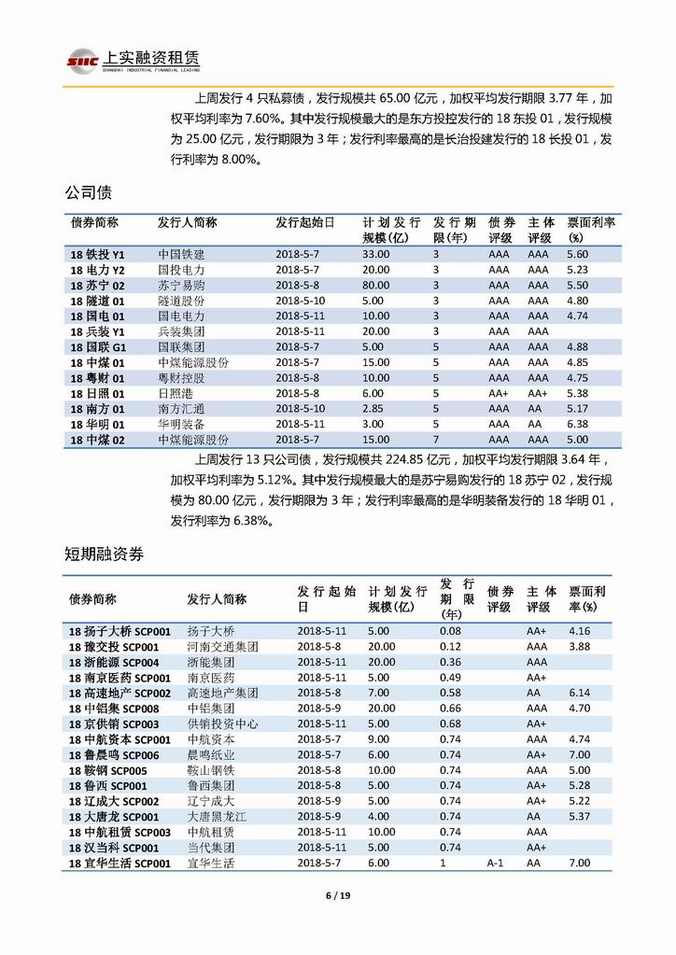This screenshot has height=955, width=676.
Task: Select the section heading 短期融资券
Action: pyautogui.click(x=104, y=554)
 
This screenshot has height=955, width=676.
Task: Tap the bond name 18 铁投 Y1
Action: pyautogui.click(x=97, y=254)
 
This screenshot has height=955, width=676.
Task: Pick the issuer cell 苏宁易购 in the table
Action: pyautogui.click(x=181, y=285)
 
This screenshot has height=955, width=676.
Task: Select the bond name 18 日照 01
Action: pyautogui.click(x=97, y=393)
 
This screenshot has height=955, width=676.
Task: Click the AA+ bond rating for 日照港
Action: pyautogui.click(x=500, y=393)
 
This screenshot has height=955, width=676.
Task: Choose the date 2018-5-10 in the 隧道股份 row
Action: pyautogui.click(x=301, y=301)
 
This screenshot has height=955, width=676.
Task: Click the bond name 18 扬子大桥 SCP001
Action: pyautogui.click(x=120, y=631)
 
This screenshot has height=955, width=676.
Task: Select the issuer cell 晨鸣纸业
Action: pyautogui.click(x=211, y=755)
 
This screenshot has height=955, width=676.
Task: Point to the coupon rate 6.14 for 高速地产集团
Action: pyautogui.click(x=579, y=693)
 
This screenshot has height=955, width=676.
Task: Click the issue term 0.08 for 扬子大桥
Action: pyautogui.click(x=450, y=631)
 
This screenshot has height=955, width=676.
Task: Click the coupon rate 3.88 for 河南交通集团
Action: pyautogui.click(x=579, y=647)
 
